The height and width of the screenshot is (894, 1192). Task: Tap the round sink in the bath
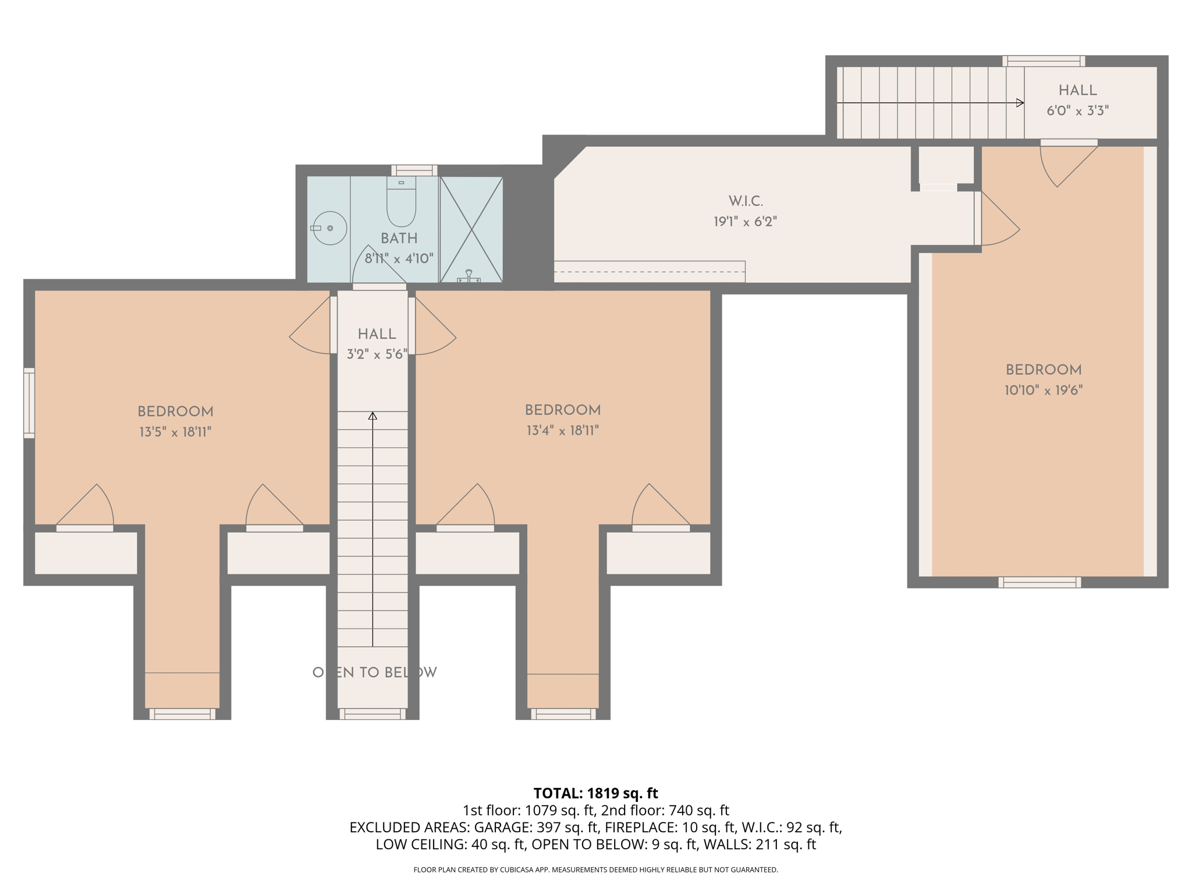point(329,228)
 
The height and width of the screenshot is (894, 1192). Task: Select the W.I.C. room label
point(746,201)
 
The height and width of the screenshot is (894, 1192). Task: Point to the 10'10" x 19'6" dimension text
point(1043,391)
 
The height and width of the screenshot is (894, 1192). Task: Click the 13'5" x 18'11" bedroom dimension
point(175,432)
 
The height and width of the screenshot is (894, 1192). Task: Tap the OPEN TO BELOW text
point(374,672)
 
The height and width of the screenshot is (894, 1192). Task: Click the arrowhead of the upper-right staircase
point(1020,103)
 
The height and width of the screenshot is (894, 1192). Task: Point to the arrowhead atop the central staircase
point(372,416)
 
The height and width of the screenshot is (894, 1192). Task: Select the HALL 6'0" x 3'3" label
point(1077,100)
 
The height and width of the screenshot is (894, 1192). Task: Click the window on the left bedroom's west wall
point(29,403)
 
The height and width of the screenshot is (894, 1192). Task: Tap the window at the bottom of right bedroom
point(1040,582)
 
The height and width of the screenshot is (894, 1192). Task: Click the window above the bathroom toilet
point(414,170)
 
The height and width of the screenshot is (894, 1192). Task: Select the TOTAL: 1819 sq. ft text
point(595,793)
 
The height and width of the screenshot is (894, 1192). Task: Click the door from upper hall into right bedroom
point(1068,164)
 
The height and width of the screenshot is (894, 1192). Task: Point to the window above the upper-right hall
point(1044,61)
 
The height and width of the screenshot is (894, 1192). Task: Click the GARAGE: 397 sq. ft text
point(536,827)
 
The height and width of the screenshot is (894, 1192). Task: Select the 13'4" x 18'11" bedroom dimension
point(562,431)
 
